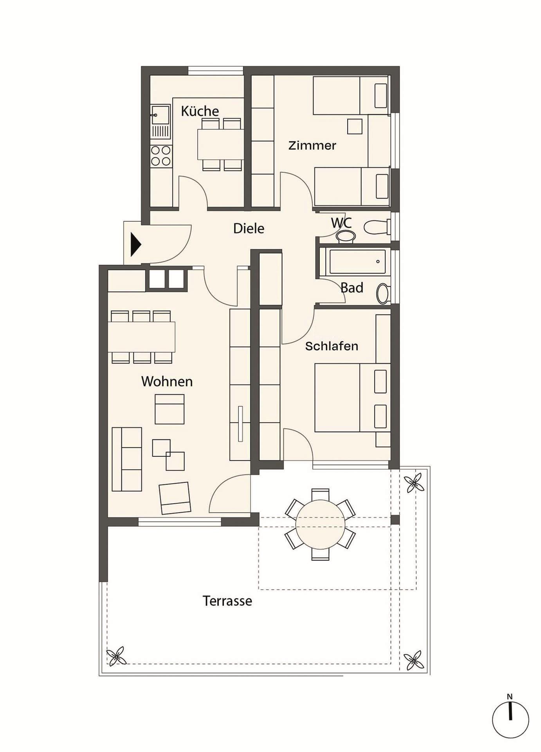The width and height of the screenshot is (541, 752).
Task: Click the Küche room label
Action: (200, 111)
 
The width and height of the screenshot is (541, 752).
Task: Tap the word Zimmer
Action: (312, 146)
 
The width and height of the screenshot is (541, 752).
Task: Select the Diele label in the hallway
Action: (249, 228)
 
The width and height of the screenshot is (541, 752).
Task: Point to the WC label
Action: (341, 223)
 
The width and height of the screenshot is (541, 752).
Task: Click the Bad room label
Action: (352, 288)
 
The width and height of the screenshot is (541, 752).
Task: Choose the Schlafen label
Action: (332, 346)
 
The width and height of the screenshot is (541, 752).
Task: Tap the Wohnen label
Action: (167, 381)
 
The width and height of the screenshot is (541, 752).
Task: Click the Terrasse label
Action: (227, 601)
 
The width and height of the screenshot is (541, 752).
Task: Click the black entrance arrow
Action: (135, 245)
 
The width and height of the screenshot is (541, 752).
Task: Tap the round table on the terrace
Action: (320, 524)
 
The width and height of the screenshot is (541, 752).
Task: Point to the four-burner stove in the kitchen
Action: (161, 156)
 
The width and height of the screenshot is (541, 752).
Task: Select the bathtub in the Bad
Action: (357, 262)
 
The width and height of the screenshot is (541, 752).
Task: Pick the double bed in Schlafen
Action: (353, 398)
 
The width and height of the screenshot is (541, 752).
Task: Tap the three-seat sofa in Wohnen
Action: (127, 459)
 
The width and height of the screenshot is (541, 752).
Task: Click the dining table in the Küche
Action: (220, 145)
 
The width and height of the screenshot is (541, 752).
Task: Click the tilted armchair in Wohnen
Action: (175, 498)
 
